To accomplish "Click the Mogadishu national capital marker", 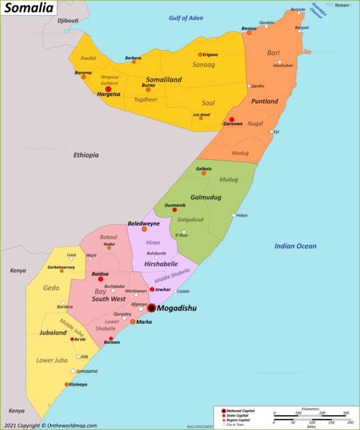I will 152,308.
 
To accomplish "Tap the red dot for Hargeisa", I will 108,89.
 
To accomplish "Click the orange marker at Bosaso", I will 249,32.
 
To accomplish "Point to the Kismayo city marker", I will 67,385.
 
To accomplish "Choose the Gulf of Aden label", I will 185,18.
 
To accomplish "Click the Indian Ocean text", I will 295,246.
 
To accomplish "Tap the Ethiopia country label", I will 86,155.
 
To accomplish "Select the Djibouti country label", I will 68,21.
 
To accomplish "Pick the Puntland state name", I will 265,101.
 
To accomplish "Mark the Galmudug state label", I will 206,197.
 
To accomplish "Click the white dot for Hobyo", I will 234,215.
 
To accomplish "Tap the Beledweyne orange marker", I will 144,229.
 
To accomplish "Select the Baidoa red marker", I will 100,279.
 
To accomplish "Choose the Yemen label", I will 342,5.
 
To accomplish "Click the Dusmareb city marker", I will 175,210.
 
